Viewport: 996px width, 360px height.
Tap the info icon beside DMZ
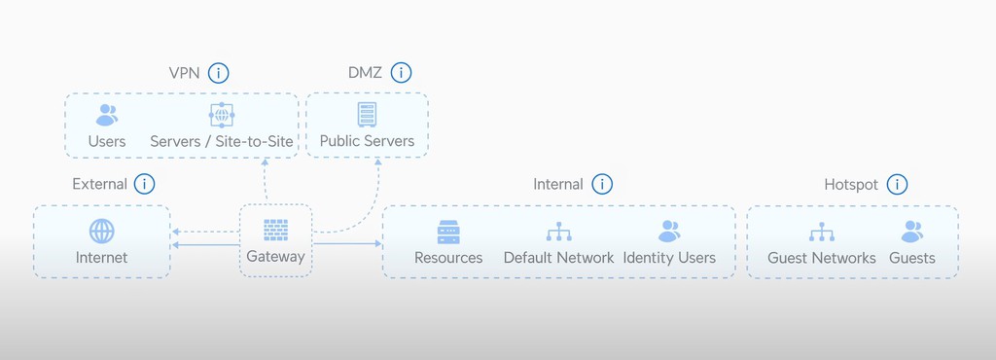point(401,73)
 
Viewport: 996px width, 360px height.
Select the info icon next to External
point(144,184)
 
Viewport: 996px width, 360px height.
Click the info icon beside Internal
point(602,184)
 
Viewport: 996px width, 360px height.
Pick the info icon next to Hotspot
point(898,184)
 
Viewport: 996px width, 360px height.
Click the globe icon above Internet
point(101,232)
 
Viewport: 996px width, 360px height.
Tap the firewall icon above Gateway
point(275,230)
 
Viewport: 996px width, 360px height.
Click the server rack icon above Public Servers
point(367,115)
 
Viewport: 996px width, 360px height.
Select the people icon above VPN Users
point(107,115)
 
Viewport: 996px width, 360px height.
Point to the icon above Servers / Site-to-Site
point(222,115)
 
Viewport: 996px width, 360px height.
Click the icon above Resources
point(448,232)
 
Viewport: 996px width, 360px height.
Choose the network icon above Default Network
point(558,232)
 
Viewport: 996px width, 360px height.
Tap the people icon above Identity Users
point(669,232)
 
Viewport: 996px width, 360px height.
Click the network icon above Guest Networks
point(822,232)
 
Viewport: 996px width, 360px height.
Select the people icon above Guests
point(911,232)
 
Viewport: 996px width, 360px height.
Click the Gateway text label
point(275,257)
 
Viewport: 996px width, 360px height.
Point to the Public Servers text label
point(367,141)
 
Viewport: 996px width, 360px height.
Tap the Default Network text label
point(558,258)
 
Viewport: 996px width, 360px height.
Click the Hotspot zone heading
point(852,184)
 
